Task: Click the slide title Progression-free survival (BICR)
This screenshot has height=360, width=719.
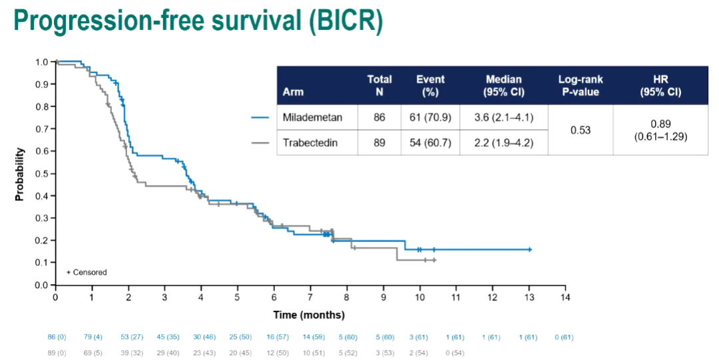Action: pos(198,21)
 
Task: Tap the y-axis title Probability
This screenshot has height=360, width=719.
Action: pos(20,174)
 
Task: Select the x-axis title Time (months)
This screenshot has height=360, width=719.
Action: pos(310,314)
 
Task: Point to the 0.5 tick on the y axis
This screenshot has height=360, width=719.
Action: pos(41,174)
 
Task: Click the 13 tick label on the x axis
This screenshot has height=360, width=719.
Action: pos(529,296)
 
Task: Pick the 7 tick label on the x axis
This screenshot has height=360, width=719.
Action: pos(310,296)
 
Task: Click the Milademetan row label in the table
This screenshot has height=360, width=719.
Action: pos(312,118)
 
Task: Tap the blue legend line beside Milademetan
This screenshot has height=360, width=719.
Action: pos(260,118)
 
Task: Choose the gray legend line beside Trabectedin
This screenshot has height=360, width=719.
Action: pos(260,142)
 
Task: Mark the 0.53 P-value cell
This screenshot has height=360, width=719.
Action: pos(580,130)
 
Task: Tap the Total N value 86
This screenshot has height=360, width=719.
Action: pos(379,118)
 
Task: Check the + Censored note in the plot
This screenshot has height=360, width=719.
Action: pos(87,272)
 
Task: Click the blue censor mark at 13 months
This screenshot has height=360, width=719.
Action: pos(529,250)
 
